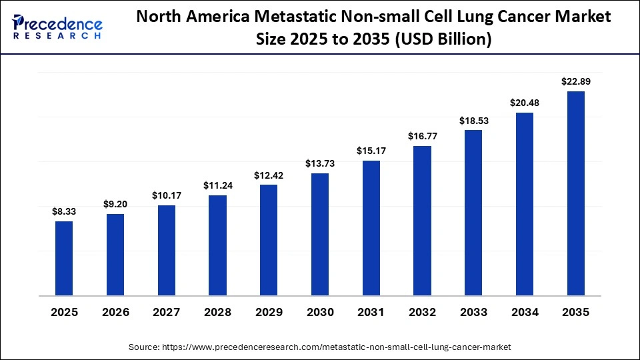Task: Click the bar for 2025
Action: coord(64,258)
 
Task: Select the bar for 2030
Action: coord(320,234)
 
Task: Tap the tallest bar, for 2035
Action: coord(576,193)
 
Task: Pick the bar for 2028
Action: coord(217,245)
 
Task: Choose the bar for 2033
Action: coord(473,213)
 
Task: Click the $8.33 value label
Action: coord(64,211)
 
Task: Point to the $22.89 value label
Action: coord(576,81)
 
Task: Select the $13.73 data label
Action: coord(320,163)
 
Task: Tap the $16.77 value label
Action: coord(423,136)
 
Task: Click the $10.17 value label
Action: coord(167,195)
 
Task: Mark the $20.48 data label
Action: coord(525,103)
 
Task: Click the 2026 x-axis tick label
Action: coord(115,312)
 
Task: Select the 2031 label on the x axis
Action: coord(371,312)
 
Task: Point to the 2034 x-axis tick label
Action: coord(525,312)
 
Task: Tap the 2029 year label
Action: coord(269,312)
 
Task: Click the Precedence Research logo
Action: coord(57,27)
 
